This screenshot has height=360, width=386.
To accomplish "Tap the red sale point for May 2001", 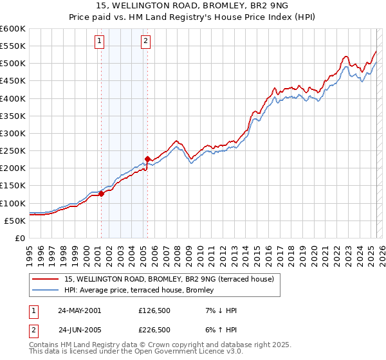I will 101,194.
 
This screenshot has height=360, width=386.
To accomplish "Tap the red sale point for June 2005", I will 147,159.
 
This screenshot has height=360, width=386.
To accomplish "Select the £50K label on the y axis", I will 15,221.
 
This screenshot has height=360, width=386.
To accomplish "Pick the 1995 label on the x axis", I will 29,252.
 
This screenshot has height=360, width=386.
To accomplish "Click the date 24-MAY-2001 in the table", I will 79,310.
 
